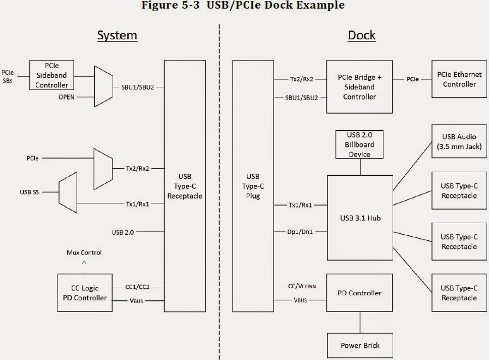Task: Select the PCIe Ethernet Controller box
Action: [x=459, y=79]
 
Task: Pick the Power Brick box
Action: [x=360, y=345]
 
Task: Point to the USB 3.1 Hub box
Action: [x=360, y=218]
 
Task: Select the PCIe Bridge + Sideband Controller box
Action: [x=360, y=87]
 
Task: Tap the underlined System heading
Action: [x=117, y=35]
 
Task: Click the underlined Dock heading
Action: [x=362, y=35]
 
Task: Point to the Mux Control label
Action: [x=84, y=252]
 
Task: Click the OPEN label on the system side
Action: [x=67, y=96]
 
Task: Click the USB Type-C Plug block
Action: [x=253, y=186]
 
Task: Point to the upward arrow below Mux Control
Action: [x=84, y=264]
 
